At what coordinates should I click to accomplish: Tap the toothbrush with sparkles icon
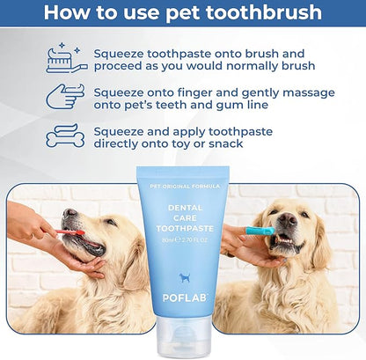coord(67,58)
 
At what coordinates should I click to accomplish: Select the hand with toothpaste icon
coord(65,96)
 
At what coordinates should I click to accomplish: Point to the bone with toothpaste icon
coord(65,136)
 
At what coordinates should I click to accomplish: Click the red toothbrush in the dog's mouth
coord(70,232)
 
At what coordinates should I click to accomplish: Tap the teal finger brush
coord(260,231)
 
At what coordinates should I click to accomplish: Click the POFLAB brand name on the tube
coord(185,298)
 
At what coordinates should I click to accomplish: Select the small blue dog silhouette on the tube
coord(185,277)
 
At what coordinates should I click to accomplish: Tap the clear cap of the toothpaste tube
coord(184,337)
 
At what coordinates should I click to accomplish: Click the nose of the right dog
coord(288,219)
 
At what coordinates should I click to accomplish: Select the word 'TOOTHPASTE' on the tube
coord(185,229)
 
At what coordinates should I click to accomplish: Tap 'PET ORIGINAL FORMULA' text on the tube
coord(185,187)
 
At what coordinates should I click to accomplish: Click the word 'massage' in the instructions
coord(309,93)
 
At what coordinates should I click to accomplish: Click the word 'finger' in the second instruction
coord(194,93)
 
